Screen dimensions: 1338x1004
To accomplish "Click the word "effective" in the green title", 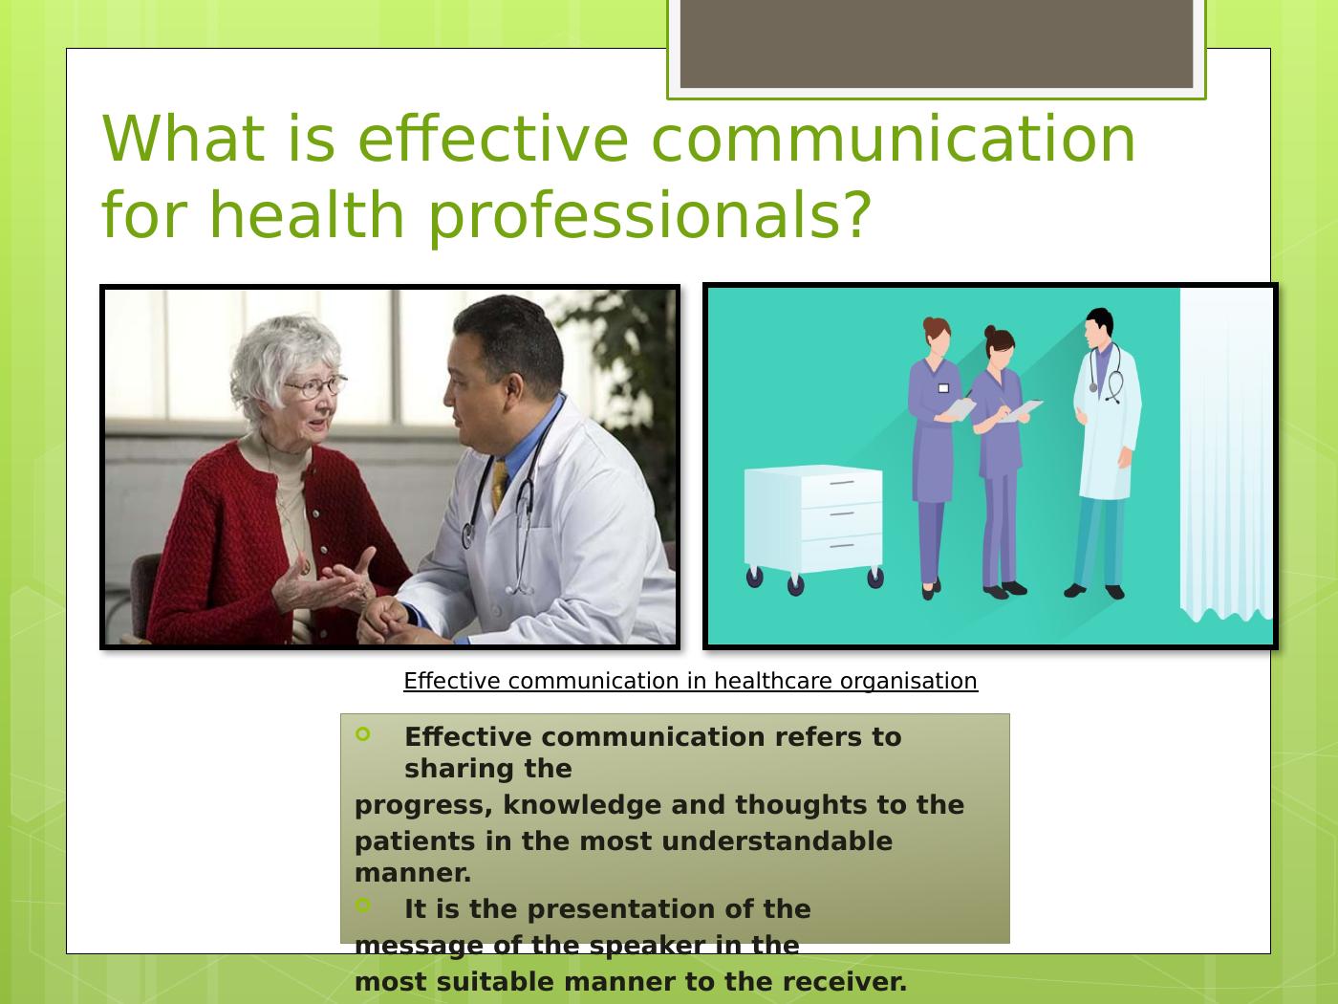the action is (x=492, y=139).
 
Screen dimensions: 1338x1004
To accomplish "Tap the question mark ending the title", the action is (x=855, y=213).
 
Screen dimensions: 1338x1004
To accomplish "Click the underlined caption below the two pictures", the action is (x=690, y=681).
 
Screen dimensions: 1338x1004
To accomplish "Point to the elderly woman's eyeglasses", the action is (x=316, y=386).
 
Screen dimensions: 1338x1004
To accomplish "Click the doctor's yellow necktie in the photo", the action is (x=499, y=486).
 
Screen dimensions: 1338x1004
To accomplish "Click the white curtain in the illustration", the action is (x=1226, y=454).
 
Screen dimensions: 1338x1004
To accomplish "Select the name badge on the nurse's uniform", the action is (x=943, y=387).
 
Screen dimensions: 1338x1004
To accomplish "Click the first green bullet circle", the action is (x=362, y=734).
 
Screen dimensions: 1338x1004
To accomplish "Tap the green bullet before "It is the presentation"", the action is (x=362, y=905).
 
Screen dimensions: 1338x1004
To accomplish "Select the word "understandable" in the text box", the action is (x=777, y=841).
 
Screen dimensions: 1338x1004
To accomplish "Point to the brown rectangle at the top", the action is (x=937, y=44).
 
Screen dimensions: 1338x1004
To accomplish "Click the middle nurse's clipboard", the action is (x=1022, y=410).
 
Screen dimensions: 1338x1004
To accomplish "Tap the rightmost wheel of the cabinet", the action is (x=875, y=578).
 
